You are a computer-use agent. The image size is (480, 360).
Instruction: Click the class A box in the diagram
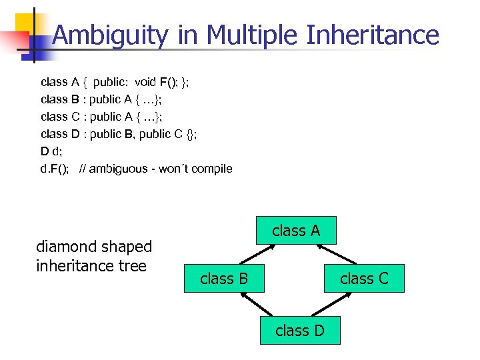296,231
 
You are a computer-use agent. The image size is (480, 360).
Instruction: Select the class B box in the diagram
224,279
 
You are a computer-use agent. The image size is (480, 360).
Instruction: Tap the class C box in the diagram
364,279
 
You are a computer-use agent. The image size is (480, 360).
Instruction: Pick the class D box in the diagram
300,331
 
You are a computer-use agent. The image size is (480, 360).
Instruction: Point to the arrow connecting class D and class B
256,305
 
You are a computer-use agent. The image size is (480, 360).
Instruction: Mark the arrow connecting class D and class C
337,305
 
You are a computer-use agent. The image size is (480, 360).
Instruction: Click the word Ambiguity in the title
110,35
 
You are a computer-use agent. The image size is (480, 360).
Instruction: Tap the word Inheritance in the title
372,35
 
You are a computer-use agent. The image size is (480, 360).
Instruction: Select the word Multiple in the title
253,35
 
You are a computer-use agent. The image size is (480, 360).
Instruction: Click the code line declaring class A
115,82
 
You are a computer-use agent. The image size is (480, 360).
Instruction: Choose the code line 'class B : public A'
101,99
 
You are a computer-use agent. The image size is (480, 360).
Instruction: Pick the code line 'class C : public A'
101,117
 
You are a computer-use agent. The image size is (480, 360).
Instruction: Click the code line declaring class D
119,134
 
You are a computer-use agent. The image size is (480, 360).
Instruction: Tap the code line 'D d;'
51,151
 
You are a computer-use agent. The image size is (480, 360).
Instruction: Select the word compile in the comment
212,169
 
